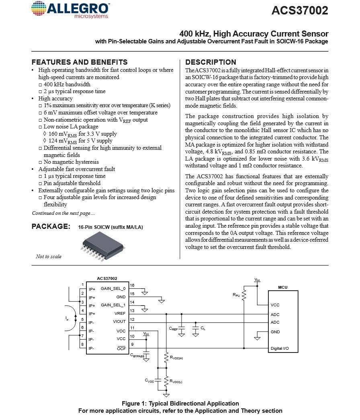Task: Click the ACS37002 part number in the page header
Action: tap(300, 11)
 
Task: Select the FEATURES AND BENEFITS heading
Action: tap(80, 62)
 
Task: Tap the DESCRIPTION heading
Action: tap(211, 62)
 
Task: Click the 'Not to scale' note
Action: tap(49, 257)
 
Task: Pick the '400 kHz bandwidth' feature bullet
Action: tap(67, 84)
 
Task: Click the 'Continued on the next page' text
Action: tap(63, 213)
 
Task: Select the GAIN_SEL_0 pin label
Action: tap(113, 289)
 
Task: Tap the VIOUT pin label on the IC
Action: tap(119, 321)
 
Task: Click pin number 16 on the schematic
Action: tap(132, 285)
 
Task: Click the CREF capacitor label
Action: tap(173, 328)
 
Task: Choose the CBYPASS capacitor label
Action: tap(137, 356)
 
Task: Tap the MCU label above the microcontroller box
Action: tap(283, 287)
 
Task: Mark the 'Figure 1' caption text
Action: tap(180, 404)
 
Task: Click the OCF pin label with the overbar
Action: tap(121, 349)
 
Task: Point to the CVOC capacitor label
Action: tap(149, 380)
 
